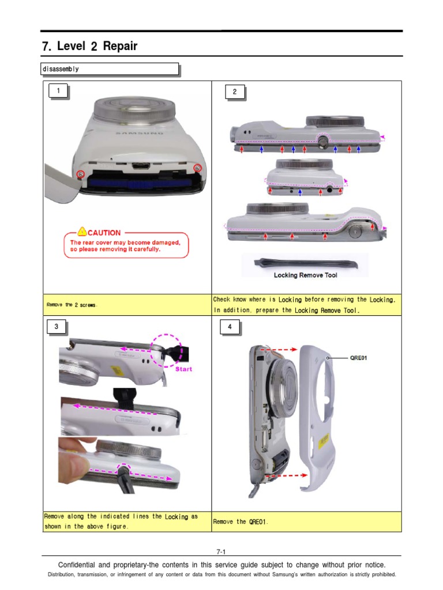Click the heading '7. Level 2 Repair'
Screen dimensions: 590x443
point(89,46)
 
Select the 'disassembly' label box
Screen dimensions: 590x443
point(110,69)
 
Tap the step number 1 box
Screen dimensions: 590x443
point(58,90)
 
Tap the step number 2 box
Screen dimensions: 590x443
point(235,92)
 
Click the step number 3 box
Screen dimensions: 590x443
point(57,327)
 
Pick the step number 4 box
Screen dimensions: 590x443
point(230,327)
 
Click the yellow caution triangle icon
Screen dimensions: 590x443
point(82,232)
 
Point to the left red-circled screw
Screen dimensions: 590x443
point(81,173)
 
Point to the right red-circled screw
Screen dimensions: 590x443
point(197,168)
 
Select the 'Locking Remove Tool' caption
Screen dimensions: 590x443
point(305,275)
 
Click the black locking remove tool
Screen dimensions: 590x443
point(305,263)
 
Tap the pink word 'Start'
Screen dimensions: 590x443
point(183,369)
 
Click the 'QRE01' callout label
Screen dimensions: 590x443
point(359,357)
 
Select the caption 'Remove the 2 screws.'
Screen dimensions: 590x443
point(72,305)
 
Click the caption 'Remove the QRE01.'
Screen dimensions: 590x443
point(241,521)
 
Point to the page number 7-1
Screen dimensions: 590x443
point(221,551)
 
